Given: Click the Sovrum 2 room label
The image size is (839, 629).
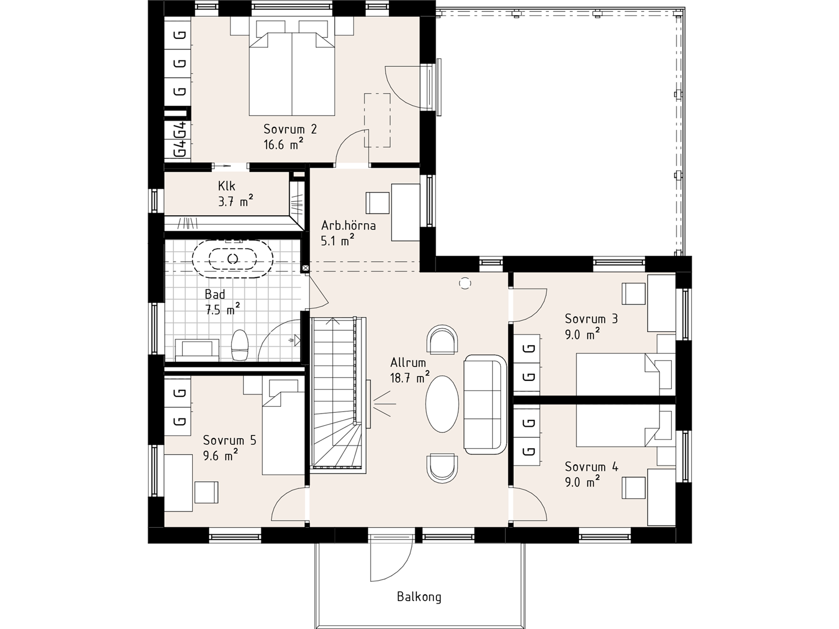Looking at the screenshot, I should point(290,129).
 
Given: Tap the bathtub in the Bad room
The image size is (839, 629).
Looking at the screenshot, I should point(233,258).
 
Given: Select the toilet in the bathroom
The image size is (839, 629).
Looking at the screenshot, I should point(240,345).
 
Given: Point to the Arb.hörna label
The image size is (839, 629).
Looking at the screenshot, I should point(348,226).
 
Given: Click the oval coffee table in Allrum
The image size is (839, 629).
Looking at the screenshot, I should point(442,404).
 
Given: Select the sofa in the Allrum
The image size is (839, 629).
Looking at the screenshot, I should point(485,404).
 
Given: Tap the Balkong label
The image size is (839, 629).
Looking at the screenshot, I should point(419,597).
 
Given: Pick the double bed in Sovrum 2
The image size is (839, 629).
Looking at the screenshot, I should point(292,74).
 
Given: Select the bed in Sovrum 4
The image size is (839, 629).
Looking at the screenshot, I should point(617,427).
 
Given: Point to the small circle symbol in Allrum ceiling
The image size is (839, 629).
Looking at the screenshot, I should point(464,283).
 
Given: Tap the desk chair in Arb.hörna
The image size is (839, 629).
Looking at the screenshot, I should point(377,202).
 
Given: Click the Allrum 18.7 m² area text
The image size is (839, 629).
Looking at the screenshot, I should point(409,378).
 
